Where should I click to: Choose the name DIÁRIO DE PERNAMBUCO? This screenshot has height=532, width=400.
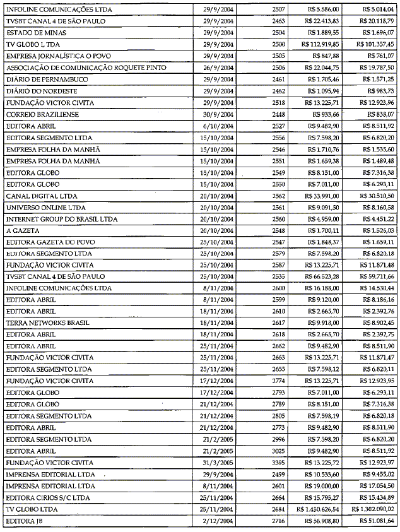tap(47, 79)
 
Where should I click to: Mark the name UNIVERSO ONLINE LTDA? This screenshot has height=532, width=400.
tap(45, 207)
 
